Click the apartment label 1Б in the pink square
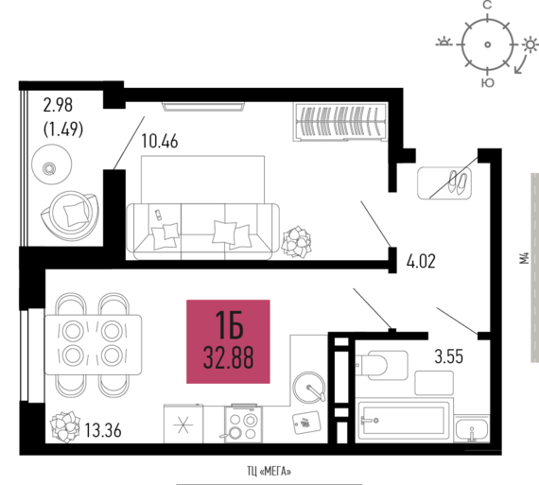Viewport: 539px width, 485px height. (229, 325)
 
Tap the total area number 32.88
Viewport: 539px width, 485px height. (229, 357)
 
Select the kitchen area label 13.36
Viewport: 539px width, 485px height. (103, 430)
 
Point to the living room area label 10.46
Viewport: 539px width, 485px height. (160, 141)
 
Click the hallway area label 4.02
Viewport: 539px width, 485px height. (421, 261)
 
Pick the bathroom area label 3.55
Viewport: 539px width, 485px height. (449, 356)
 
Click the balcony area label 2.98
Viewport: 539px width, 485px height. (58, 105)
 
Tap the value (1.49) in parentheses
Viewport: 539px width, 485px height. (63, 130)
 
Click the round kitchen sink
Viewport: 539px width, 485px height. (308, 387)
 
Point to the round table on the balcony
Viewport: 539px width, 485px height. (52, 165)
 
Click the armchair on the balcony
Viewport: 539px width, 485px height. (70, 216)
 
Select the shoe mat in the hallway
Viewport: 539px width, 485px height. (444, 182)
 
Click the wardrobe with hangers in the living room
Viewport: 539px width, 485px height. (340, 122)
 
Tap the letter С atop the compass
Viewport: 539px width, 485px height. (487, 5)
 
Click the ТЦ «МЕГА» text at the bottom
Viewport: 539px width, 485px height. (269, 471)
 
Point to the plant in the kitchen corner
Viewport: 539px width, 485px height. (65, 426)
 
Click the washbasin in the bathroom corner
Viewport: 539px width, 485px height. (472, 429)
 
